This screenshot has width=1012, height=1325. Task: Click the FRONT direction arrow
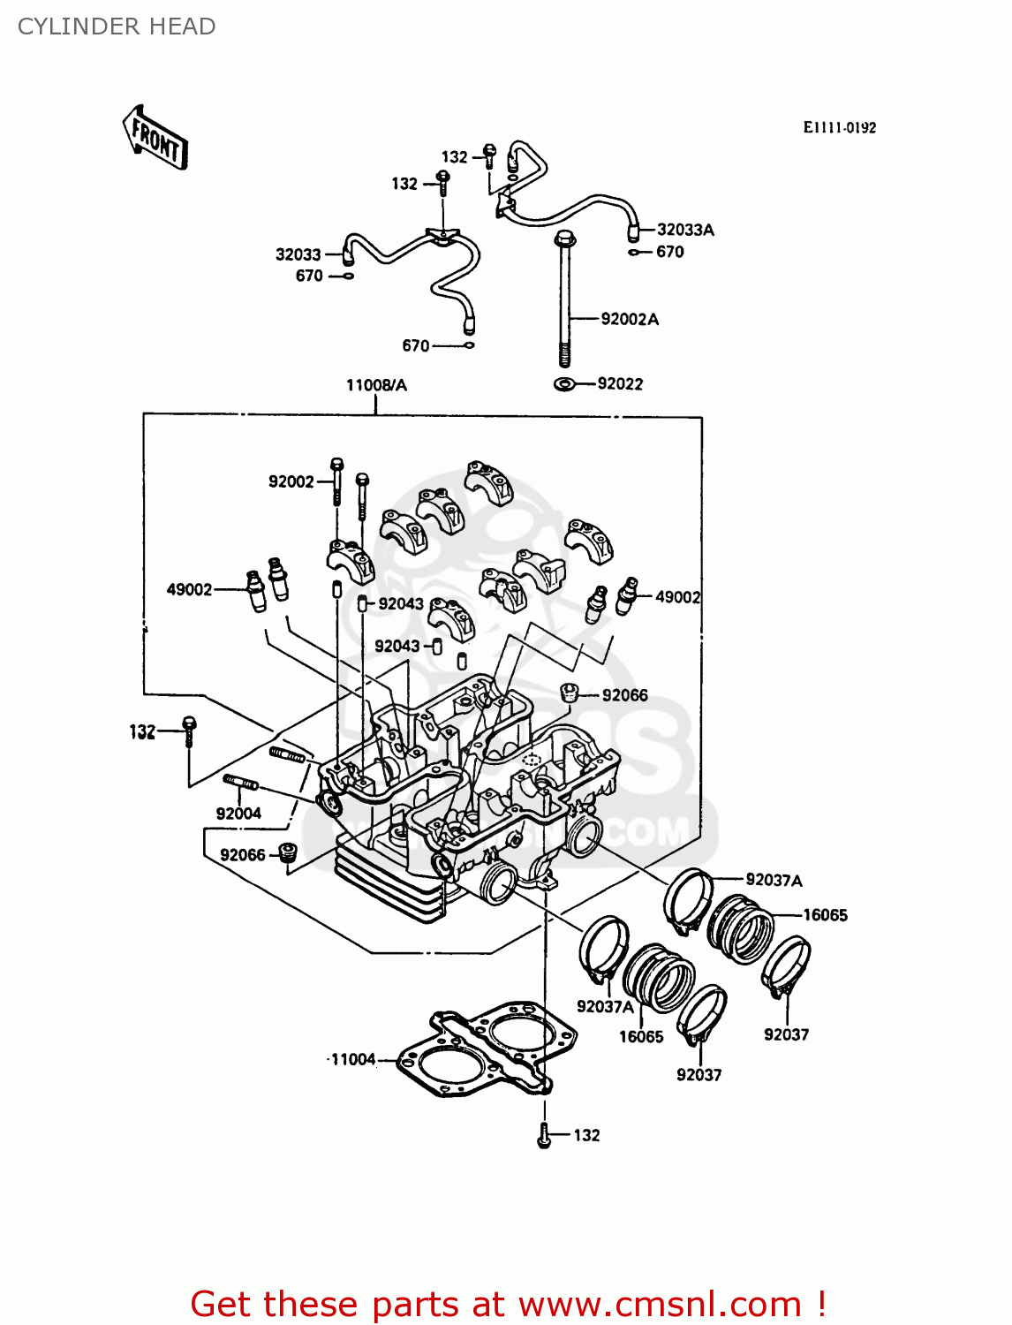(155, 138)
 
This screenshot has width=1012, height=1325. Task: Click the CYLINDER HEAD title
(117, 26)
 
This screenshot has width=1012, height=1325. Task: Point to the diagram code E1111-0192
(839, 127)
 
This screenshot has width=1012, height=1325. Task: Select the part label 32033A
(685, 230)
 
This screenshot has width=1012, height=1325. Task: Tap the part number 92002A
(630, 319)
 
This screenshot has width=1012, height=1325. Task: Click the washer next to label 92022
(563, 384)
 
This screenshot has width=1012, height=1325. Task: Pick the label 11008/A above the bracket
(376, 385)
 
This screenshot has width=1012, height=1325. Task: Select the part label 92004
(238, 814)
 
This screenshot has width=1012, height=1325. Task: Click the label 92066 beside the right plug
(624, 695)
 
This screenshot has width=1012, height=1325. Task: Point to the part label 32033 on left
(298, 254)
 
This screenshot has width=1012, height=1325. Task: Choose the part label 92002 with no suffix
(291, 481)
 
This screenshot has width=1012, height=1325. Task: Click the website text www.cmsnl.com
(660, 1304)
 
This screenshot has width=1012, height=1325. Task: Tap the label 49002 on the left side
(189, 589)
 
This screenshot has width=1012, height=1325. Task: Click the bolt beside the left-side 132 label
(189, 732)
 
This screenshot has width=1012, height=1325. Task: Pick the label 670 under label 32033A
(669, 252)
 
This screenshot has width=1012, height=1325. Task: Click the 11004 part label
(353, 1059)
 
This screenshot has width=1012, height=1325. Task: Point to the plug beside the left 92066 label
(286, 854)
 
